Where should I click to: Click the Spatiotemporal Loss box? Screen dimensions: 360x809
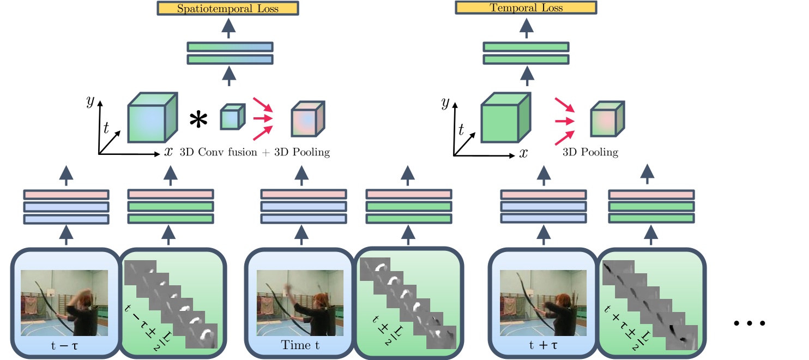click(x=228, y=9)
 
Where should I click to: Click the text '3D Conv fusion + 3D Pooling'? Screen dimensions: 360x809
click(x=255, y=152)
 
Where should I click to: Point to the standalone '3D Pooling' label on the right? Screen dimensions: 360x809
click(x=591, y=152)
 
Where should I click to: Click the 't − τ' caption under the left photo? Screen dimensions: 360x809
click(x=64, y=344)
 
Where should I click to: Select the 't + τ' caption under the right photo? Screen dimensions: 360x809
click(x=543, y=344)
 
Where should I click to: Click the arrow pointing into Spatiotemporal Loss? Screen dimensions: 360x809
click(x=229, y=27)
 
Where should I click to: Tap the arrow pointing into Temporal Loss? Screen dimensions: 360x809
click(x=526, y=27)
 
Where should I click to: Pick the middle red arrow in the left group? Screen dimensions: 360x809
click(x=263, y=118)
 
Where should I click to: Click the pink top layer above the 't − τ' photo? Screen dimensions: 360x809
click(x=66, y=194)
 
